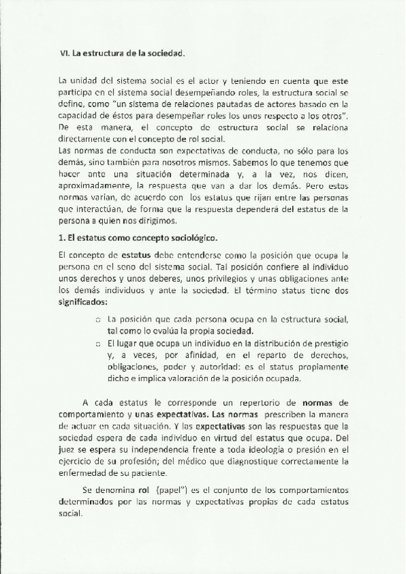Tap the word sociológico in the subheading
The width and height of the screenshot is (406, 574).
click(204, 239)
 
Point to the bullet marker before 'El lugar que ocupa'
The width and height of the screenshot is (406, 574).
click(98, 345)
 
